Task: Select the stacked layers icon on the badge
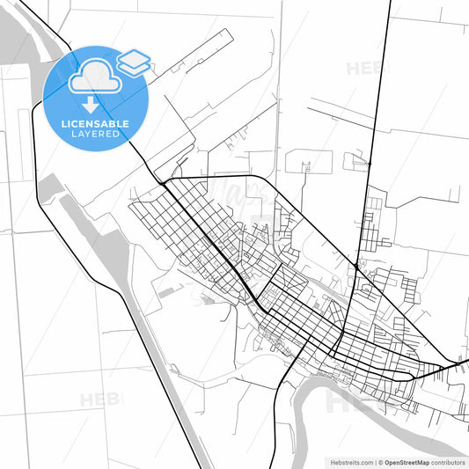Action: [x=134, y=61]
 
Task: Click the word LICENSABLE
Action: [x=97, y=124]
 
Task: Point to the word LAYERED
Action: [x=97, y=136]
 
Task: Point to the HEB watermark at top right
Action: [x=370, y=69]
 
